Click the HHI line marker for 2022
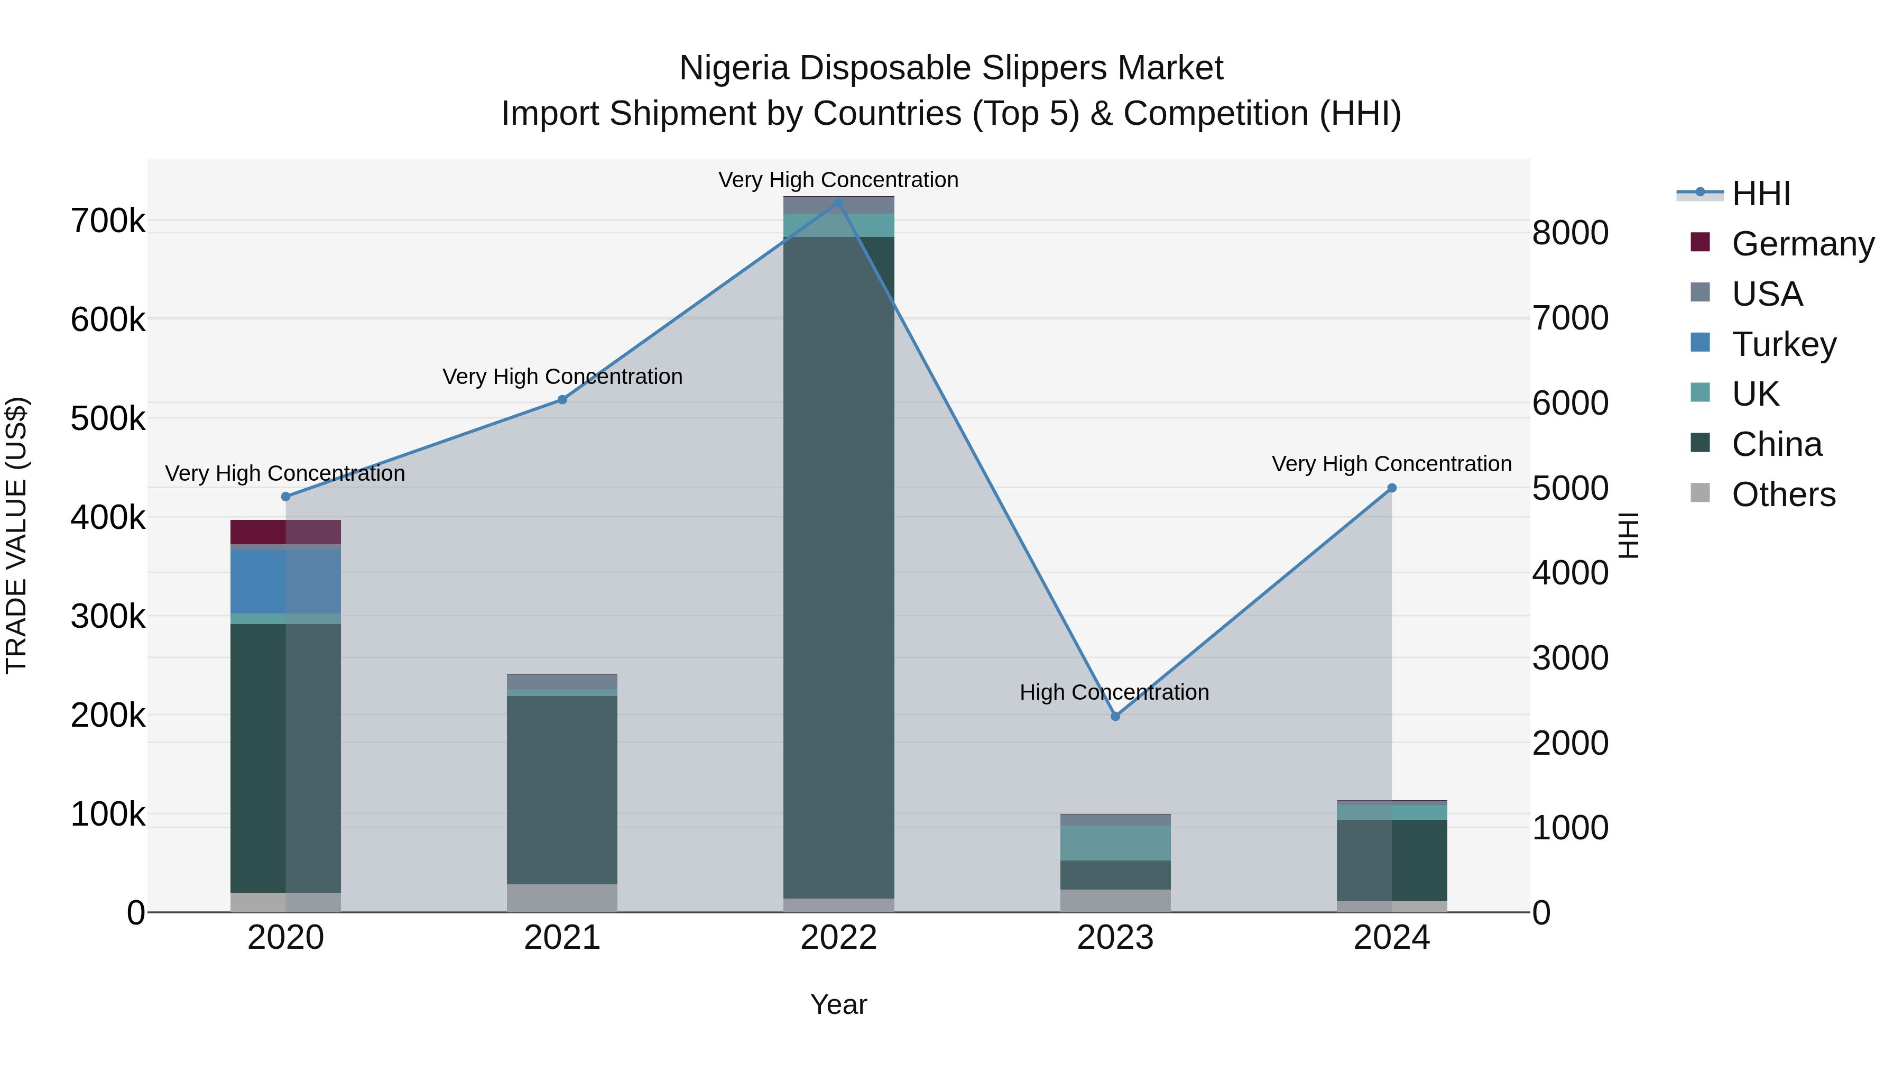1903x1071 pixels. pyautogui.click(x=838, y=202)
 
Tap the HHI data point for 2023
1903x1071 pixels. pyautogui.click(x=1115, y=716)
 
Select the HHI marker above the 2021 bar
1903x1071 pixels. pyautogui.click(x=562, y=400)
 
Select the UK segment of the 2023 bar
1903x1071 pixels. pyautogui.click(x=1115, y=844)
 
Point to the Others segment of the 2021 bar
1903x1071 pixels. pyautogui.click(x=562, y=898)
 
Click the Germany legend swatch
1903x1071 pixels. pyautogui.click(x=1700, y=242)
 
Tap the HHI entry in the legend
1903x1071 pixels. pyautogui.click(x=1760, y=194)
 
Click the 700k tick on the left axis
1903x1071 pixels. pyautogui.click(x=108, y=221)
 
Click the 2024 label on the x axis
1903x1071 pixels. pyautogui.click(x=1391, y=938)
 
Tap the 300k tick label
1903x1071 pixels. pyautogui.click(x=108, y=617)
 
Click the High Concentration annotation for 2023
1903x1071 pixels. pyautogui.click(x=1114, y=692)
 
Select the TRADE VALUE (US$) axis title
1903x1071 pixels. pyautogui.click(x=16, y=535)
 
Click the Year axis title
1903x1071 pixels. pyautogui.click(x=838, y=1004)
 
